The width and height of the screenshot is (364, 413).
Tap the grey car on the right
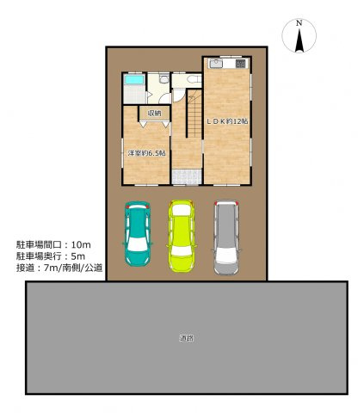point(225,237)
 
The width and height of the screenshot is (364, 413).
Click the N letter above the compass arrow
point(298,22)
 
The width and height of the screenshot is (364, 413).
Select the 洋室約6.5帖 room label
point(146,153)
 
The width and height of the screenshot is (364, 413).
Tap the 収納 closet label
point(154,114)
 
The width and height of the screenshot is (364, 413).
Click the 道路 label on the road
point(187,338)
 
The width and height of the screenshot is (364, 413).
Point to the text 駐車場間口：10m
point(52,243)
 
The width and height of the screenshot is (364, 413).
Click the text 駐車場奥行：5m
point(50,256)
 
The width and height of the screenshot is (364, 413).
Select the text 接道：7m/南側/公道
point(59,268)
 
